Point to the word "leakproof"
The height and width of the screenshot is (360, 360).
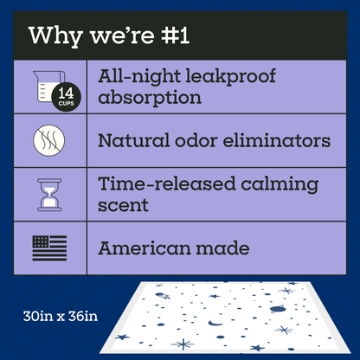(x=232, y=75)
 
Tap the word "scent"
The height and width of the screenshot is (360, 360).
(x=124, y=206)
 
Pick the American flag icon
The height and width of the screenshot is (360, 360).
(x=48, y=248)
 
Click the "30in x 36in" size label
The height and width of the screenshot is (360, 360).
(x=61, y=313)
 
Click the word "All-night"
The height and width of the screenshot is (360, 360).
(x=142, y=75)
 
